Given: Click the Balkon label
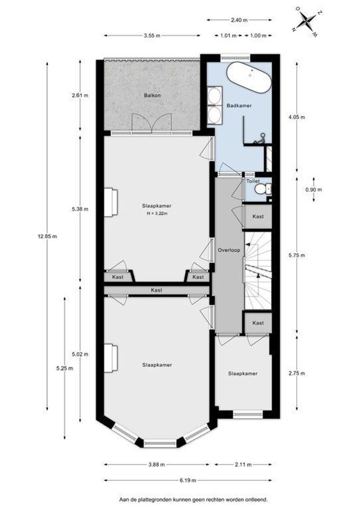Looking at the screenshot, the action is pyautogui.click(x=152, y=95).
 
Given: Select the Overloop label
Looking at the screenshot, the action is pyautogui.click(x=229, y=250).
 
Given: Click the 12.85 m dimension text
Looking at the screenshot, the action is pyautogui.click(x=48, y=236).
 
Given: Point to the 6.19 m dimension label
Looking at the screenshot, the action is pyautogui.click(x=188, y=480).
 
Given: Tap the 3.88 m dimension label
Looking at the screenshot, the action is pyautogui.click(x=157, y=465).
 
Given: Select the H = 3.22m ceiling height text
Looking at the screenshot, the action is pyautogui.click(x=157, y=213).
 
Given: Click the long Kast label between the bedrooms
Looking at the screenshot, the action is pyautogui.click(x=156, y=290).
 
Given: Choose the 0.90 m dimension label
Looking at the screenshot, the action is pyautogui.click(x=313, y=189).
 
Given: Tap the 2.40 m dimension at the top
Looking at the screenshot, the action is pyautogui.click(x=239, y=20).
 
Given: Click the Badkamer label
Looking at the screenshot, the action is pyautogui.click(x=239, y=106).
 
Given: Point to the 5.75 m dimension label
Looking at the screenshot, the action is pyautogui.click(x=297, y=255).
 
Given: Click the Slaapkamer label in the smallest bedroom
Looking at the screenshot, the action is pyautogui.click(x=243, y=373).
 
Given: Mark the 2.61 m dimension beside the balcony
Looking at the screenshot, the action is pyautogui.click(x=80, y=95).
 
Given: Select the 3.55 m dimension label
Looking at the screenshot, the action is pyautogui.click(x=152, y=36).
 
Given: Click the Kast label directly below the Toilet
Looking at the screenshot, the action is pyautogui.click(x=258, y=216).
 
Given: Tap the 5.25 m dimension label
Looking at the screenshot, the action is pyautogui.click(x=65, y=368).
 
